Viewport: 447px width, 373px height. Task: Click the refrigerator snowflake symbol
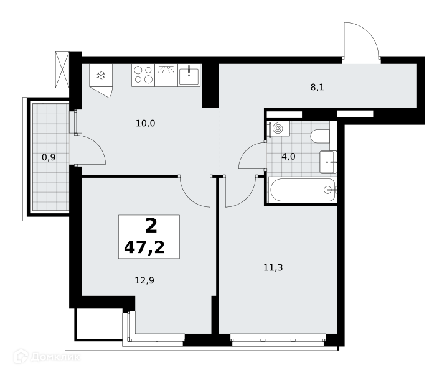pyautogui.click(x=101, y=75)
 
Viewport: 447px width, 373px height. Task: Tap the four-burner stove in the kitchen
pyautogui.click(x=143, y=75)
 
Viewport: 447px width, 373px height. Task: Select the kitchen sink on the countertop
pyautogui.click(x=189, y=75)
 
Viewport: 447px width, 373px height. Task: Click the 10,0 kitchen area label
pyautogui.click(x=146, y=123)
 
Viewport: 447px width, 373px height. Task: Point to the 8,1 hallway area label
pyautogui.click(x=318, y=87)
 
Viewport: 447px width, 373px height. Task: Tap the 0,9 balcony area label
pyautogui.click(x=49, y=157)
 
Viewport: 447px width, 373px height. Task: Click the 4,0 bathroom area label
pyautogui.click(x=288, y=156)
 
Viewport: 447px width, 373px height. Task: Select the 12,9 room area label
pyautogui.click(x=144, y=280)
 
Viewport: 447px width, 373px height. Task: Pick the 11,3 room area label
pyautogui.click(x=273, y=267)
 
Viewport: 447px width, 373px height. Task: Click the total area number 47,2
pyautogui.click(x=144, y=247)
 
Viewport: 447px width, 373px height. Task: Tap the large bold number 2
pyautogui.click(x=151, y=226)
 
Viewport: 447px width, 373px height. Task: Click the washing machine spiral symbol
pyautogui.click(x=278, y=129)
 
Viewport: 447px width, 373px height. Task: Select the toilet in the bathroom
pyautogui.click(x=321, y=136)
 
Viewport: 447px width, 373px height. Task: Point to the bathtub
pyautogui.click(x=303, y=190)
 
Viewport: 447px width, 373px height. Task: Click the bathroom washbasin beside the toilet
pyautogui.click(x=329, y=162)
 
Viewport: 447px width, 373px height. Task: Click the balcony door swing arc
pyautogui.click(x=97, y=145)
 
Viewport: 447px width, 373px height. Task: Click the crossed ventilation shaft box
pyautogui.click(x=62, y=70)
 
